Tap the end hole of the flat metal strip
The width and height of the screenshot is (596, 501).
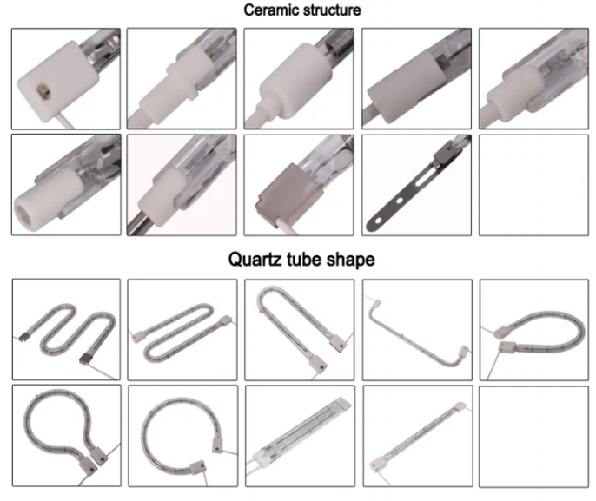pos(378,221)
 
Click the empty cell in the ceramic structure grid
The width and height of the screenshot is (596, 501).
pos(533,185)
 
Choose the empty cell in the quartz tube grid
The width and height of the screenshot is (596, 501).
pos(533,437)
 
